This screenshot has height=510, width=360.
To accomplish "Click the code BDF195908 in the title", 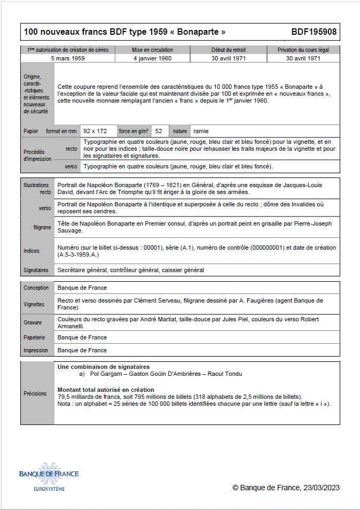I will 314,32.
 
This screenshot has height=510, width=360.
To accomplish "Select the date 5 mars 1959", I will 68,58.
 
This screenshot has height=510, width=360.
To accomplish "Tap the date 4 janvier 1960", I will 152,58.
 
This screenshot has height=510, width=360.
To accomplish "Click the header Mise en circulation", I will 152,50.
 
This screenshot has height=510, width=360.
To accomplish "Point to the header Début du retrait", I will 228,50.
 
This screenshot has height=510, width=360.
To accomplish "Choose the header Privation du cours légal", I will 303,50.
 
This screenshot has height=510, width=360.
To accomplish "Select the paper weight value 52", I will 159,131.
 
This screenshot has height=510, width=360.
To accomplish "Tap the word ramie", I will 201,131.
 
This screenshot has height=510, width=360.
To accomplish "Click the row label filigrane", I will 42,227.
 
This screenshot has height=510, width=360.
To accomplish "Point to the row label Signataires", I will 36,271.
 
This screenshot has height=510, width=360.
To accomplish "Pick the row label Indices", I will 32,251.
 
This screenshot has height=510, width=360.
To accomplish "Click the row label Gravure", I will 33,322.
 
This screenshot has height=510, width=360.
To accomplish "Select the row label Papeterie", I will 34,337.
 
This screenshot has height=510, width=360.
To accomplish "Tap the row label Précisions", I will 35,393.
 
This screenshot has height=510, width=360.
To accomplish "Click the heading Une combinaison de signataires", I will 104,367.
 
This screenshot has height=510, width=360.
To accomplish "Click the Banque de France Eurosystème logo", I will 49,476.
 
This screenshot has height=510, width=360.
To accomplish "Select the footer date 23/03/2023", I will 321,488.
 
